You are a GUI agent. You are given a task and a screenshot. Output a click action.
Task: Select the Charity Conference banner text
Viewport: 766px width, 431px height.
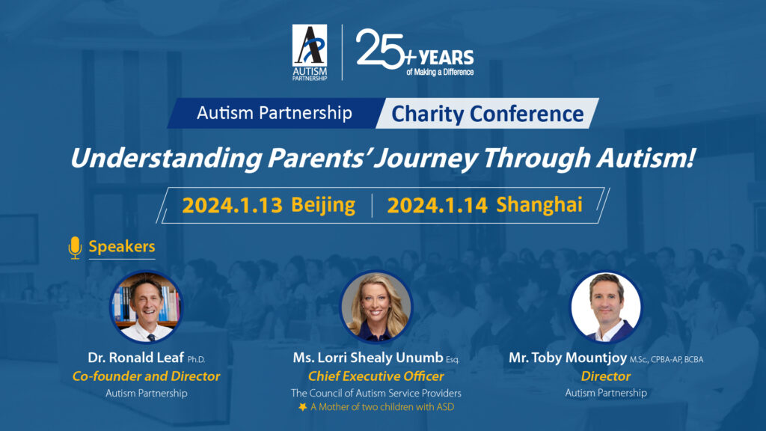tap(488, 114)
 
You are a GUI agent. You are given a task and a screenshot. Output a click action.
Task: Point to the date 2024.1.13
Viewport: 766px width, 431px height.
tap(232, 205)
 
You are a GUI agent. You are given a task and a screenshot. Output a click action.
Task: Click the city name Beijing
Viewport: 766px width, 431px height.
tap(323, 205)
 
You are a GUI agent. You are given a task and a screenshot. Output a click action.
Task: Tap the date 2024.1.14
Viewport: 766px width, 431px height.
tap(437, 205)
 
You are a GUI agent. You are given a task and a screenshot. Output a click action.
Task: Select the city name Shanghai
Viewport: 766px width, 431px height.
tap(539, 205)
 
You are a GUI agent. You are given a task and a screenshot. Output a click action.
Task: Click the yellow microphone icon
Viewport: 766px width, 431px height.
tap(75, 247)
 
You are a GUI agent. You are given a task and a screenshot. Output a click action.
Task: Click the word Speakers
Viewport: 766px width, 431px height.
tap(122, 247)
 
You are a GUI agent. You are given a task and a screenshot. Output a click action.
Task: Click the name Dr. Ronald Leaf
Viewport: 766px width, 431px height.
tap(135, 358)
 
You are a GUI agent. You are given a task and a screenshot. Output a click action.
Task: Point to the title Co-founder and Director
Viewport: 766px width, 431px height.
tap(147, 376)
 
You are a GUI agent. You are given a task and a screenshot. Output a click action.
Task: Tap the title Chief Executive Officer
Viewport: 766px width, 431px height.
tap(376, 376)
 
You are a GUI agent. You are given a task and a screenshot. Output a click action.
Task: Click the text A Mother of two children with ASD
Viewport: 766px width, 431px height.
tap(381, 407)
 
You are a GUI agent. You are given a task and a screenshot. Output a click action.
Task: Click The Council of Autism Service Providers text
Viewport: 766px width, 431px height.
tap(376, 393)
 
